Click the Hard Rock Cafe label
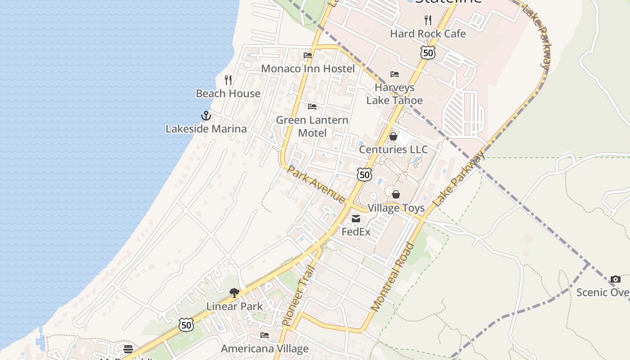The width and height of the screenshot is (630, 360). [427, 34]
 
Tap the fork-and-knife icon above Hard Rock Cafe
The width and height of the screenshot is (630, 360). [428, 20]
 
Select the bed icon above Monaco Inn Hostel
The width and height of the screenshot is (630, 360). [308, 55]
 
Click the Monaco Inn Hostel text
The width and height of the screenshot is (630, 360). [308, 69]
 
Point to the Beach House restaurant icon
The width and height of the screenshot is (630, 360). [228, 80]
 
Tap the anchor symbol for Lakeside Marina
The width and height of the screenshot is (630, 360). [206, 116]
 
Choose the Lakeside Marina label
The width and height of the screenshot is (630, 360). [206, 129]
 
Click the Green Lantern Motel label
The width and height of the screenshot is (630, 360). [312, 126]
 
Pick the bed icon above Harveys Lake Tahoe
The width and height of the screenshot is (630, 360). [395, 74]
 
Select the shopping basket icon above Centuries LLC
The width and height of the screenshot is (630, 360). [393, 136]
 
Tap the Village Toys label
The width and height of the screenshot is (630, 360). [396, 208]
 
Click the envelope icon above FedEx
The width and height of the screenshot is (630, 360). [356, 219]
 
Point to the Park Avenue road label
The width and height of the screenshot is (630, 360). [316, 184]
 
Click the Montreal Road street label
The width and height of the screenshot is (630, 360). [392, 277]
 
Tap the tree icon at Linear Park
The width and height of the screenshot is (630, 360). [234, 293]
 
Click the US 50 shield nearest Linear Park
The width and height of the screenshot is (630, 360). [186, 324]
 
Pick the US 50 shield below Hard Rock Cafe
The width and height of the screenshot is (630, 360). [428, 53]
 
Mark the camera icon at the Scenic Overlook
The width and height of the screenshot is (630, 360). [616, 279]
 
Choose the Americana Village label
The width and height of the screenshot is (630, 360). [265, 349]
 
